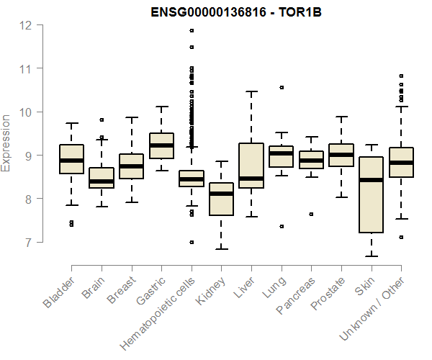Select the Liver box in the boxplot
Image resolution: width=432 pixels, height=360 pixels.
[251, 165]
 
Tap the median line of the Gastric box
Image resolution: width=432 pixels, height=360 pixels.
[161, 145]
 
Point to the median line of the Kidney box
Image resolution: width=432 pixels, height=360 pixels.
[221, 194]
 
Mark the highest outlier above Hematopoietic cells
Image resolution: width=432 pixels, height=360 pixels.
[192, 30]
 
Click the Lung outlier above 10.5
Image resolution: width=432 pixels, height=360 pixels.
[281, 87]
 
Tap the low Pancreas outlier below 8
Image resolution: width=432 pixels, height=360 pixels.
[311, 214]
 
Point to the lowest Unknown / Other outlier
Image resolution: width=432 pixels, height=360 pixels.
[400, 237]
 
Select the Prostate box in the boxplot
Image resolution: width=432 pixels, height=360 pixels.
[341, 155]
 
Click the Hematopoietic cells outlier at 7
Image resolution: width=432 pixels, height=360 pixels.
[192, 242]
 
